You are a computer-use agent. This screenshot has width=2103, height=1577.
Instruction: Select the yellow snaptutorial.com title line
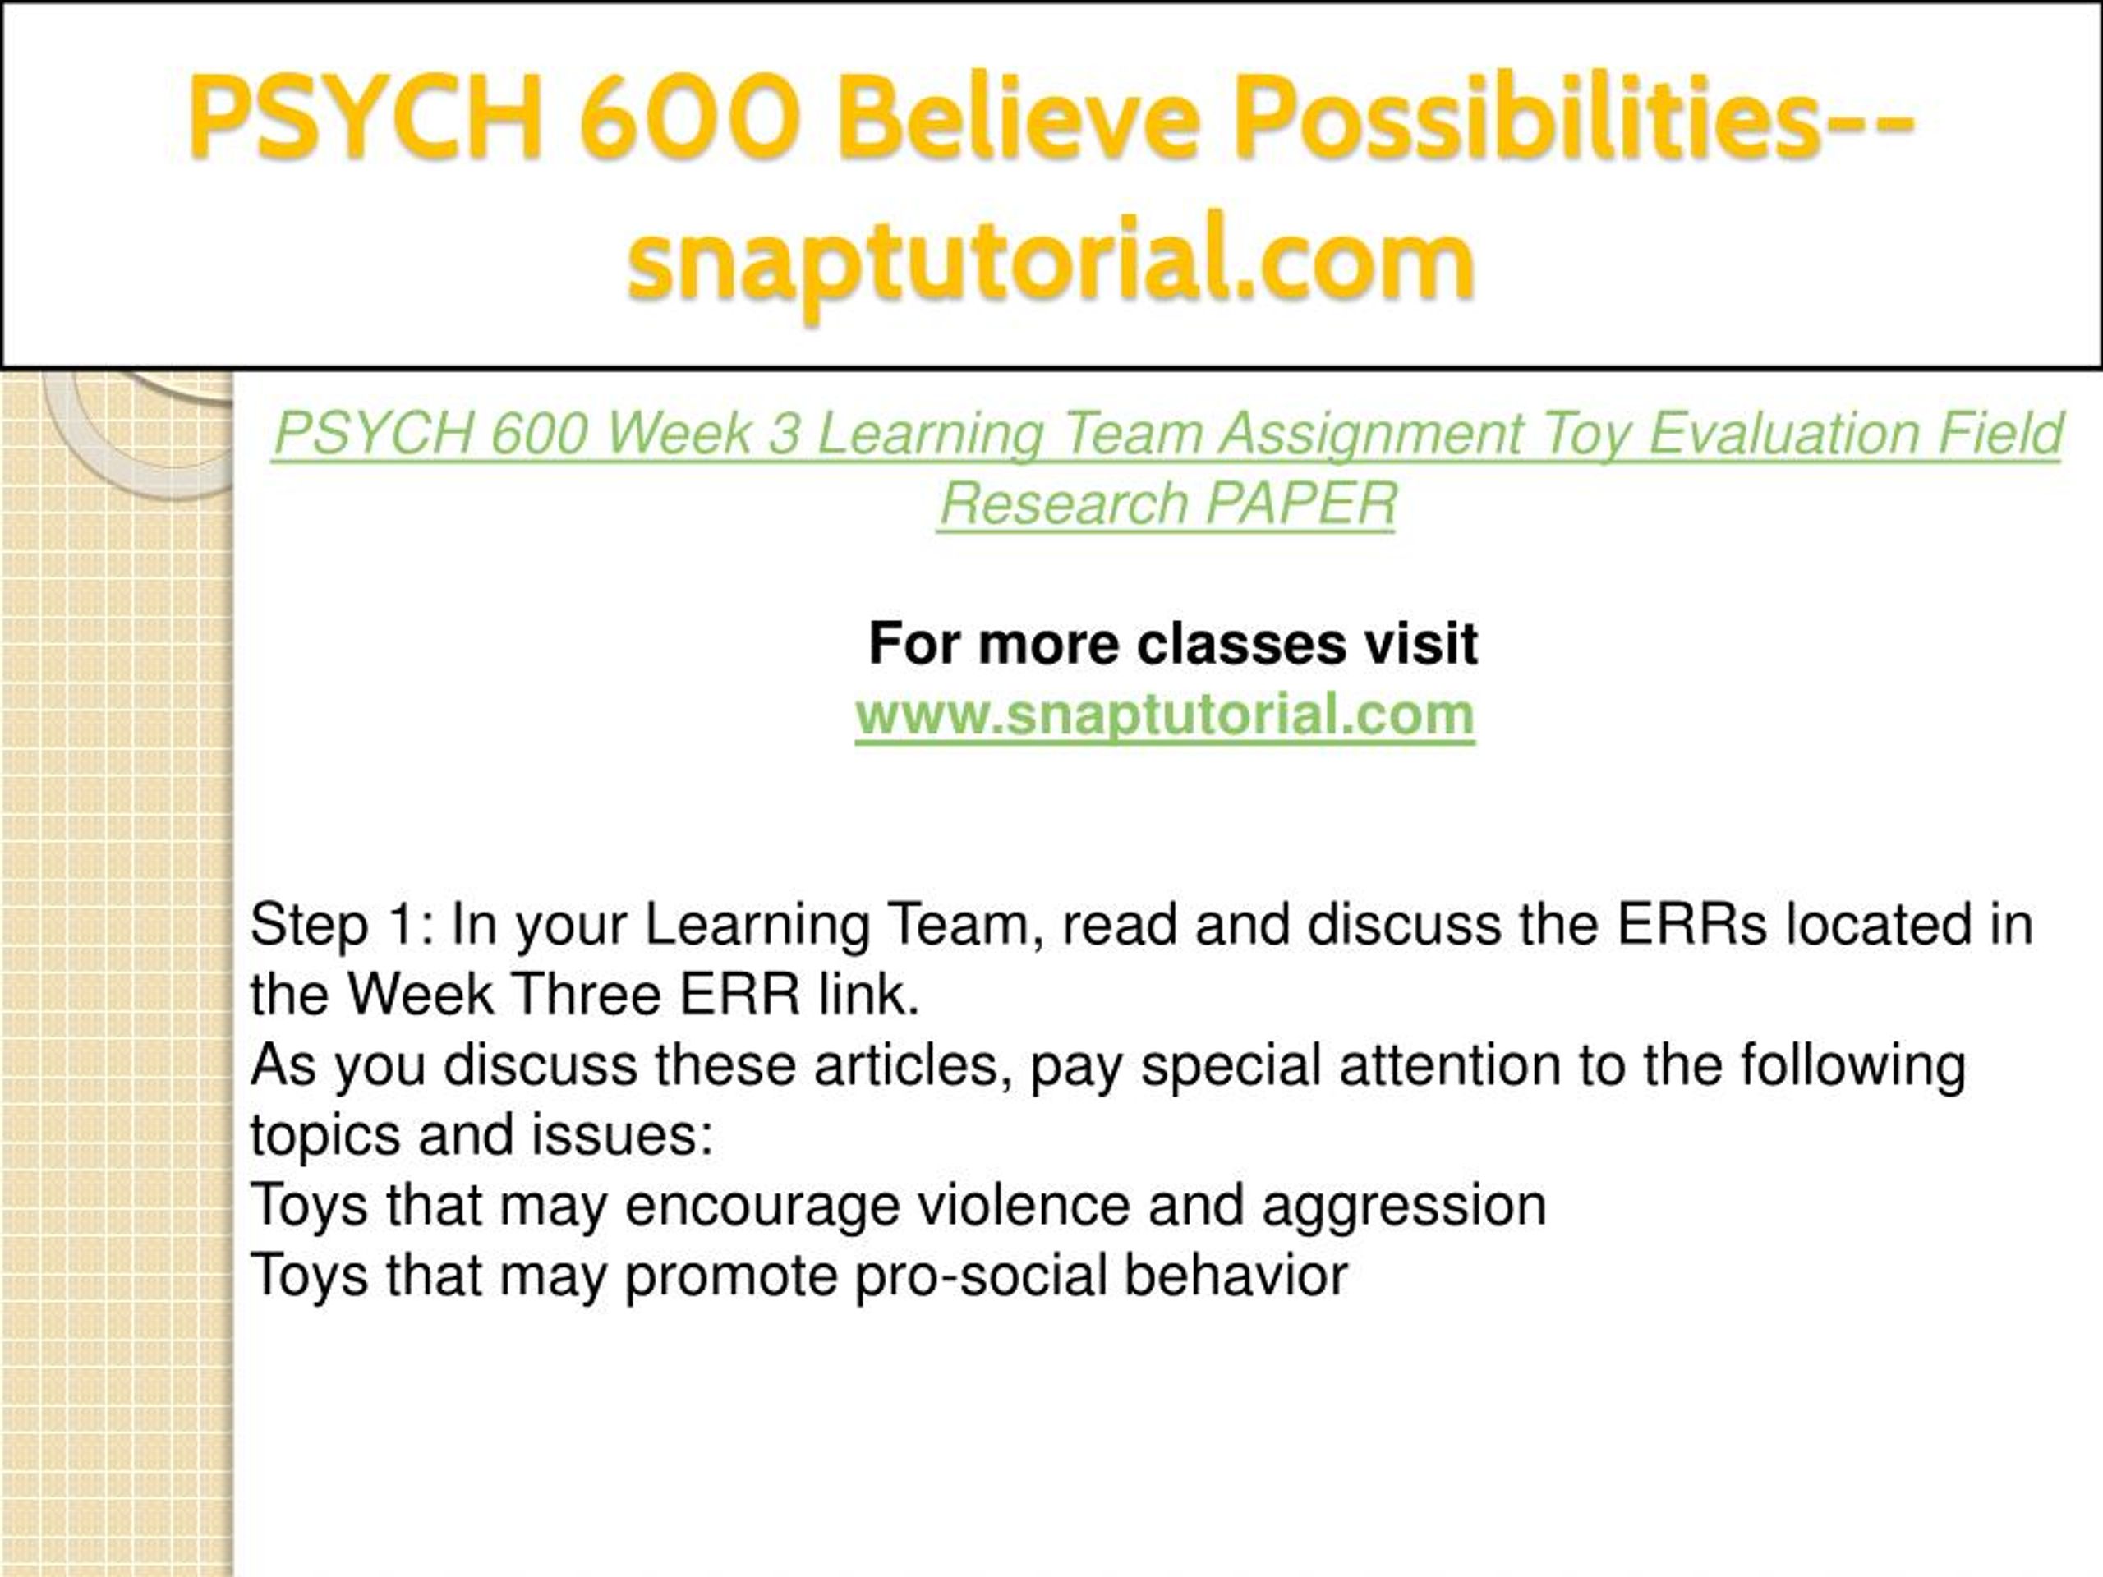point(1050,260)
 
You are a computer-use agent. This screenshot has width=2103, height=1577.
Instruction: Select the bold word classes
point(1241,644)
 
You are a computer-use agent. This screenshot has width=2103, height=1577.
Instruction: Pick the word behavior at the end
point(1237,1275)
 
